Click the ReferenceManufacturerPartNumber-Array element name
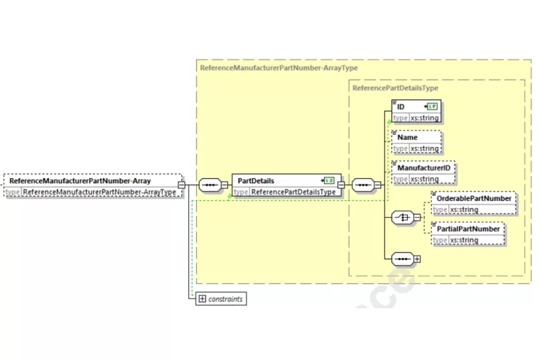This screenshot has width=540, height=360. pyautogui.click(x=80, y=180)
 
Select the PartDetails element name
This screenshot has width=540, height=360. pyautogui.click(x=255, y=180)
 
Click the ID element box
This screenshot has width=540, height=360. pyautogui.click(x=416, y=111)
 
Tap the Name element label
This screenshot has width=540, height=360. pyautogui.click(x=407, y=137)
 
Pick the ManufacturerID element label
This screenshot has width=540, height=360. pyautogui.click(x=423, y=168)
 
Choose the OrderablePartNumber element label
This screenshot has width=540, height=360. pyautogui.click(x=473, y=198)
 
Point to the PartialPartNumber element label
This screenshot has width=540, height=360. pyautogui.click(x=468, y=229)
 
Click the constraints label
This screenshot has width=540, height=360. pyautogui.click(x=225, y=299)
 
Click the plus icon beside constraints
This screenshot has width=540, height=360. pyautogui.click(x=202, y=299)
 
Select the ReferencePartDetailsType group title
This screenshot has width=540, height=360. pyautogui.click(x=395, y=88)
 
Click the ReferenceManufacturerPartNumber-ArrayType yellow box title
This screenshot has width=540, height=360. pyautogui.click(x=279, y=68)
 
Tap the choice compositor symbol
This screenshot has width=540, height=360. pyautogui.click(x=403, y=217)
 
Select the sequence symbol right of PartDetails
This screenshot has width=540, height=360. pyautogui.click(x=363, y=186)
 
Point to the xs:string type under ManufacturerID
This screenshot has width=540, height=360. pyautogui.click(x=424, y=179)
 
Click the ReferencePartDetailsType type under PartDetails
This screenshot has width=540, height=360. pyautogui.click(x=293, y=192)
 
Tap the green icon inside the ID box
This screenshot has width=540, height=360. pyautogui.click(x=431, y=107)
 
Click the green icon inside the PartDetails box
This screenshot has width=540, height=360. pyautogui.click(x=329, y=180)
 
